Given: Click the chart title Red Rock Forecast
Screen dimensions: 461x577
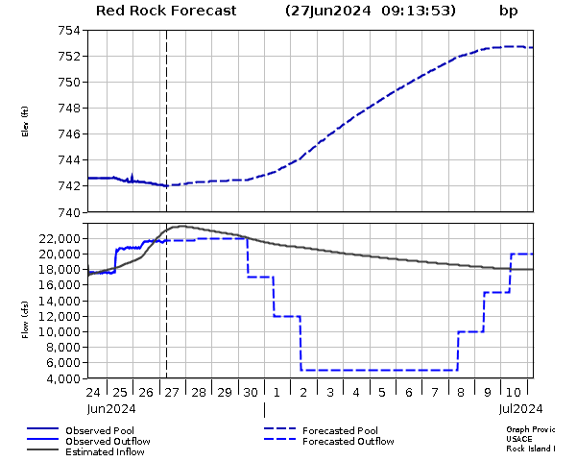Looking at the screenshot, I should [x=166, y=12].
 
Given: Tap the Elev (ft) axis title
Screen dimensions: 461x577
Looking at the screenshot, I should [x=25, y=121].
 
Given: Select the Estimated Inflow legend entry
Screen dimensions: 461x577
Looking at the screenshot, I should [x=105, y=451].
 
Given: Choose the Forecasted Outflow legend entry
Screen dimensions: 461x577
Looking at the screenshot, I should [x=348, y=441].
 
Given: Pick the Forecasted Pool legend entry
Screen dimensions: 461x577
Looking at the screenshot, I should [x=340, y=430].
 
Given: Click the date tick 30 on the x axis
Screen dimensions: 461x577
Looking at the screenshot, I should [x=250, y=392].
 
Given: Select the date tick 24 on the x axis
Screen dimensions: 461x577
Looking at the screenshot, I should [x=93, y=392].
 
